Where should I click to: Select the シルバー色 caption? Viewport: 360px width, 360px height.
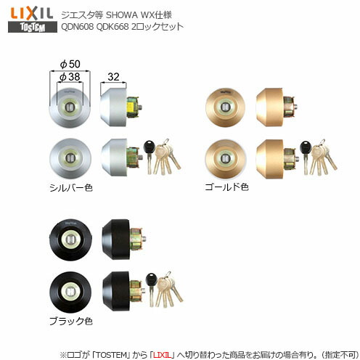point(68,187)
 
